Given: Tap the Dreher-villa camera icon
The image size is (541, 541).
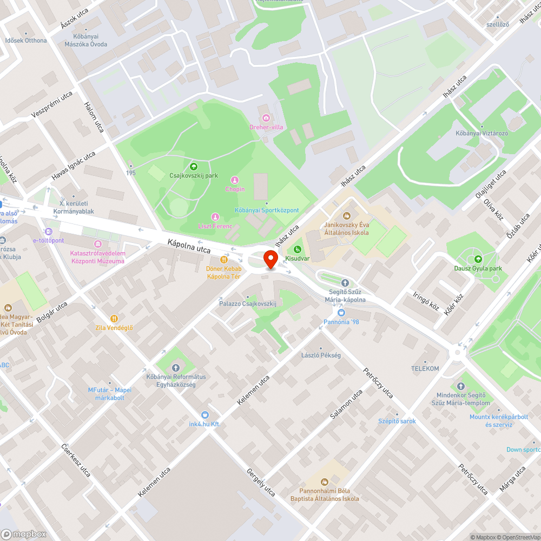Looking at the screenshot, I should [x=266, y=118].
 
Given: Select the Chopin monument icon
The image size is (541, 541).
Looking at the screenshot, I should [x=235, y=180].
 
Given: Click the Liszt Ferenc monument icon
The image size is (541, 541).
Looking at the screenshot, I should [x=215, y=216].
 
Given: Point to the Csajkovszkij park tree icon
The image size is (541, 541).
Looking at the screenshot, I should [x=194, y=166].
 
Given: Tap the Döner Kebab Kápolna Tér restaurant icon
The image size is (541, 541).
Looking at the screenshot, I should [x=223, y=259].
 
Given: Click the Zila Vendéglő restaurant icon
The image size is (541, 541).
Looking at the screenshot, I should [x=114, y=319].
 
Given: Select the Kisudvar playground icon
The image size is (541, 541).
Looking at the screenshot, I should [x=297, y=249].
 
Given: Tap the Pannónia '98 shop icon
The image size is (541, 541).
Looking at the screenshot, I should [x=341, y=313].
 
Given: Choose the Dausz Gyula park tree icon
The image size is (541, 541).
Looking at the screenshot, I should [x=478, y=259].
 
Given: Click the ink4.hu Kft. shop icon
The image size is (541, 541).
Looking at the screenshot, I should [x=204, y=414].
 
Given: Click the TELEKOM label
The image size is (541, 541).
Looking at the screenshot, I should [x=425, y=368].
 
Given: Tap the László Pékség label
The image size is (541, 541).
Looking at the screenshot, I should [x=321, y=355].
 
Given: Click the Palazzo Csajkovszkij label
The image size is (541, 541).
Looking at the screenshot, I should [x=248, y=304].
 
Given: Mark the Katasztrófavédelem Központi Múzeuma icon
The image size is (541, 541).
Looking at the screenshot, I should [x=97, y=244].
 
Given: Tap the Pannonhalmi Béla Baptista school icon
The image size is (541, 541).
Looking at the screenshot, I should [x=325, y=481].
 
